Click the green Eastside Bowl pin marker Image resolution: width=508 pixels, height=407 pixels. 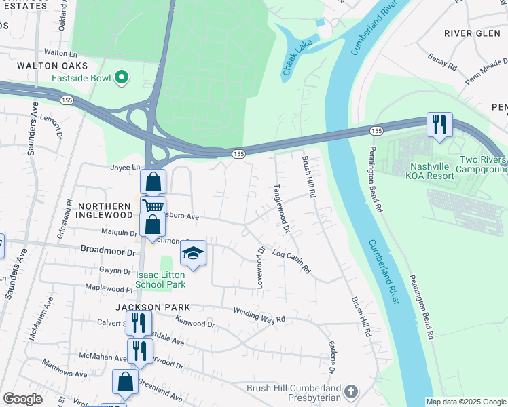point(122,78)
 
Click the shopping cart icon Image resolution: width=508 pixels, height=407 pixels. point(153,206)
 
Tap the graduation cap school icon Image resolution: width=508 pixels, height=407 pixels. point(194,253)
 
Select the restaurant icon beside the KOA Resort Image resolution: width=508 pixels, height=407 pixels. point(439,124)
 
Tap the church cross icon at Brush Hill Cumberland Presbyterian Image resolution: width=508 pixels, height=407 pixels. point(350,391)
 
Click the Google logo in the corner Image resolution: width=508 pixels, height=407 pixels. point(22,399)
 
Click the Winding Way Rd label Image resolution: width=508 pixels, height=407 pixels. point(259,315)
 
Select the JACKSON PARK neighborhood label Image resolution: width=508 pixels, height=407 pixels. point(143,307)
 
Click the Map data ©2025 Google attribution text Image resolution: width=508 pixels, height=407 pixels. point(465,402)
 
